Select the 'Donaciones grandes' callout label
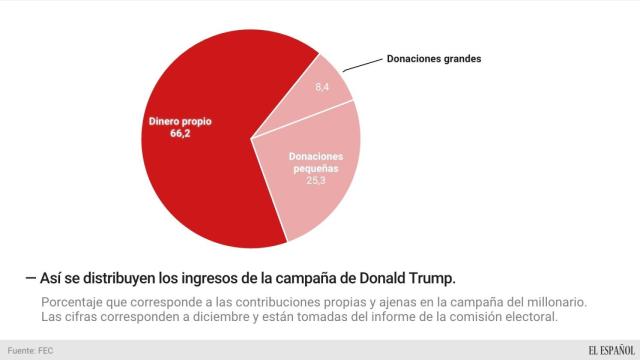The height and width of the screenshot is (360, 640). click(x=434, y=59)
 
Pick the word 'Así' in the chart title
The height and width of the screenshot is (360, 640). click(x=51, y=275)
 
